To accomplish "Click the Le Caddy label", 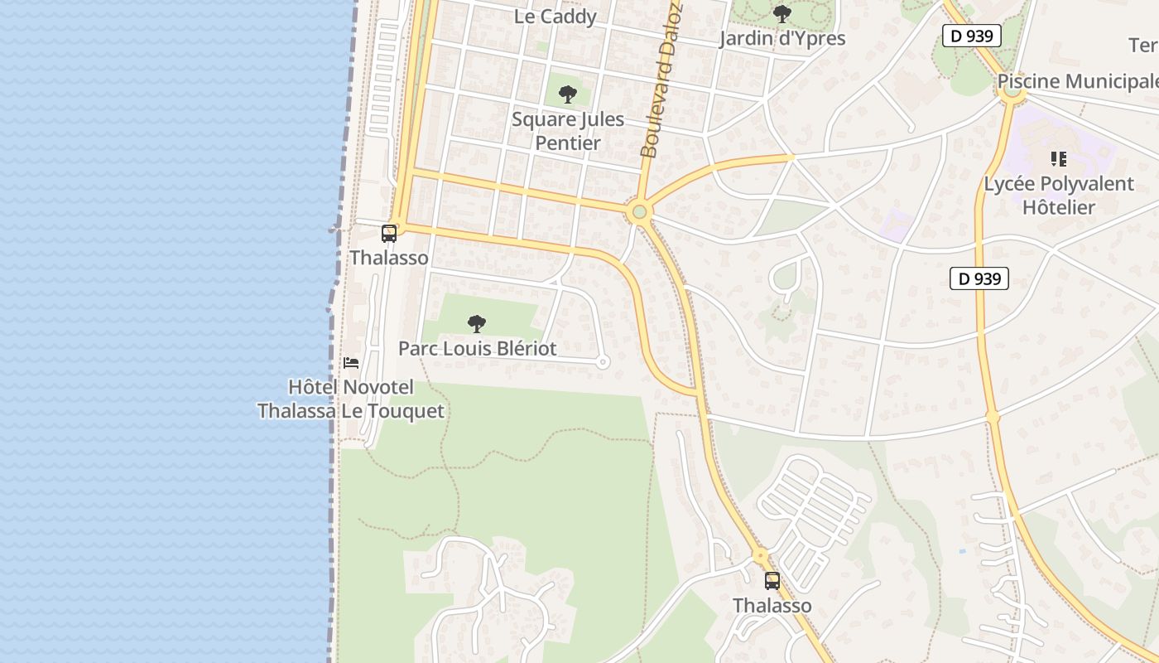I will [555, 17].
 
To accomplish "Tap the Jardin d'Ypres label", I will [782, 39].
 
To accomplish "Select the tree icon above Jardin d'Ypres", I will [781, 14].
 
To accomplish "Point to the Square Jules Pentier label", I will [568, 131].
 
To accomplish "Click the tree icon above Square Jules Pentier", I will [567, 94].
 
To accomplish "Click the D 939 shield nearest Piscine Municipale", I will [972, 36].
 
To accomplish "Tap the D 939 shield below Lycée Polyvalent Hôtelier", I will [979, 279].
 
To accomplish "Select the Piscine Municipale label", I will [1077, 81].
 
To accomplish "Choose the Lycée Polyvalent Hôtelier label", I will [1059, 196].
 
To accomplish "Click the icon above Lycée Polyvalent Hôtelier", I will [1058, 158].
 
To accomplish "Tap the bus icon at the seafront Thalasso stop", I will [389, 234].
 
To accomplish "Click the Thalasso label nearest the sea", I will [389, 258].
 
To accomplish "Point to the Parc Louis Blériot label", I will [478, 349].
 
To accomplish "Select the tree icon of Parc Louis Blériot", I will [476, 324].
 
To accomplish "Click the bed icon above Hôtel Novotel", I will [351, 363].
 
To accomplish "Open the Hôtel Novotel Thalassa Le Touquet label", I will [350, 399].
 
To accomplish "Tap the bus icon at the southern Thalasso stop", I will [772, 581].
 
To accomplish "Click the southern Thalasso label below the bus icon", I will [772, 606].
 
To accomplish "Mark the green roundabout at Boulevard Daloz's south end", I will [638, 213].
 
